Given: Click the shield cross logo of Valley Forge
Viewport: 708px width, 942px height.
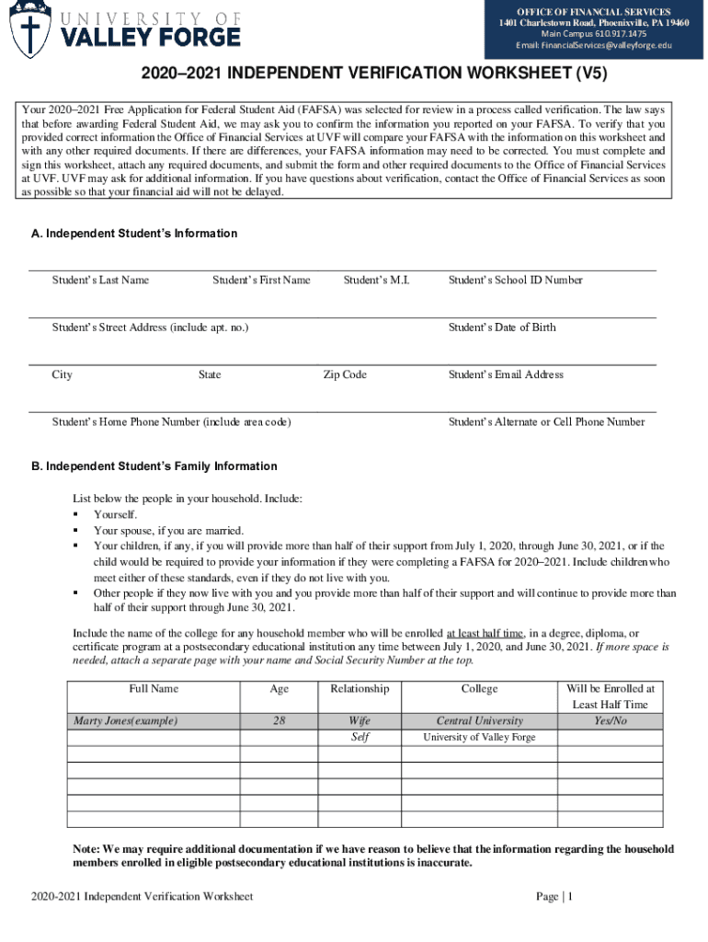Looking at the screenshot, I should (30, 31).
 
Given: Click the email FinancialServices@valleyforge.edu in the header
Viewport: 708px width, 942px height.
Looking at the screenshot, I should (593, 45).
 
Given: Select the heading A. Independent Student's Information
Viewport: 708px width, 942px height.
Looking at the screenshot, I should (134, 234).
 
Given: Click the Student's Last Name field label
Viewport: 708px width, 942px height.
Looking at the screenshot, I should (100, 280).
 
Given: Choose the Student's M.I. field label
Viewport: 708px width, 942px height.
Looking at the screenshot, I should (376, 280).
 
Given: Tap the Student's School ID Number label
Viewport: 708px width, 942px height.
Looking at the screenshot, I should (515, 280).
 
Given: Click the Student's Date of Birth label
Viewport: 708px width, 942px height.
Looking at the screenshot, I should (502, 327).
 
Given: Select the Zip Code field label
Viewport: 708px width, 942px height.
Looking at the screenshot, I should (345, 374).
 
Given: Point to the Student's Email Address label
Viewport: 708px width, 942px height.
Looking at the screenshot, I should (506, 374).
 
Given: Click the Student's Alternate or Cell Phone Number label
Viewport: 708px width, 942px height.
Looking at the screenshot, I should (546, 421).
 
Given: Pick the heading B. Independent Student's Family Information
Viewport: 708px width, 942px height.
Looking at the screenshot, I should (154, 466).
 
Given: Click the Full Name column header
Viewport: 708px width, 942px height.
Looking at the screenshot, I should (154, 688).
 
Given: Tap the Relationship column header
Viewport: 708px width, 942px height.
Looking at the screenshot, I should (360, 688).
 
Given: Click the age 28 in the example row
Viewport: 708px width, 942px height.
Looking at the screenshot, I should (279, 720).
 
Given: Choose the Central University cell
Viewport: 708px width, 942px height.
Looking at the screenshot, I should (479, 720).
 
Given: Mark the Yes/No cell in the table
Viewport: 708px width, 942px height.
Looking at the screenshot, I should (610, 720).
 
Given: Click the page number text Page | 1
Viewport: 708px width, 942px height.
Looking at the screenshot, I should (554, 896).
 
